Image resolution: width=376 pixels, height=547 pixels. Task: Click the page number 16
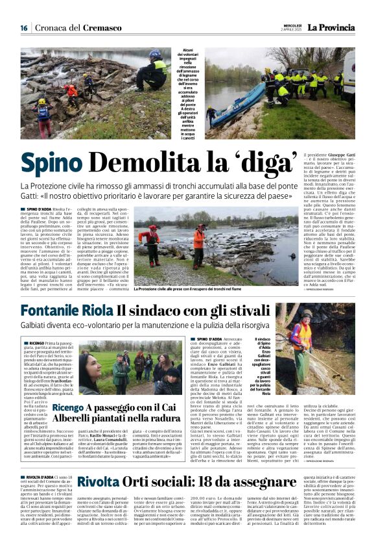coord(23,28)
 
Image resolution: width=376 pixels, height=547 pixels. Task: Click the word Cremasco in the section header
coord(103,28)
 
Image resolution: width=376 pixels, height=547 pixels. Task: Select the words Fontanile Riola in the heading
coord(65,311)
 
